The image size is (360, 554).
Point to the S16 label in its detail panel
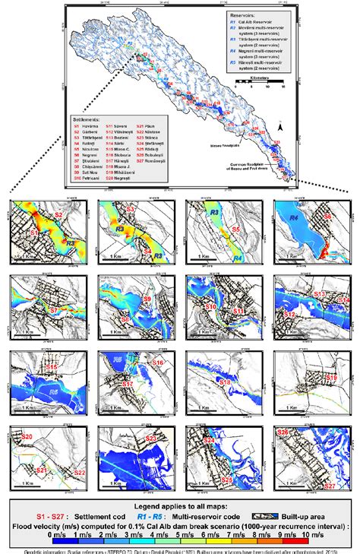tap(157, 363)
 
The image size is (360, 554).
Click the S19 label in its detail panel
tap(331, 377)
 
